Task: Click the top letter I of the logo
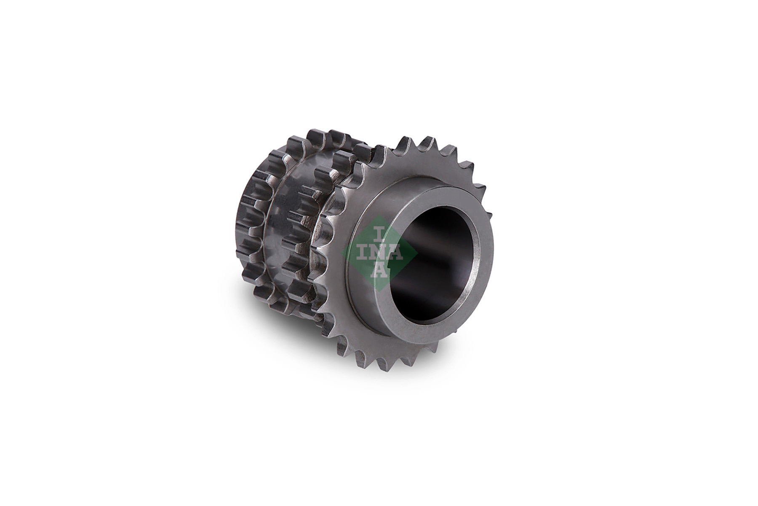pos(379,233)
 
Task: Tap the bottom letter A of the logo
pos(379,271)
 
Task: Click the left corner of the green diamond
pos(341,253)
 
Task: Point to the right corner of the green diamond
pos(417,253)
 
